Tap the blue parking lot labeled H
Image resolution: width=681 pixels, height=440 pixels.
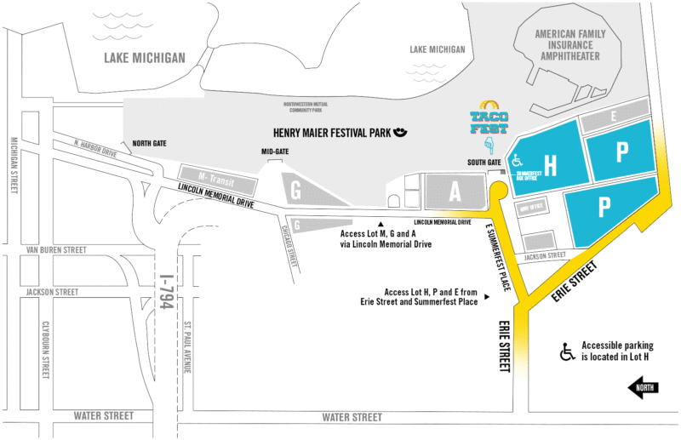549,166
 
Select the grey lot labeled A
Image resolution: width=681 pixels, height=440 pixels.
455,192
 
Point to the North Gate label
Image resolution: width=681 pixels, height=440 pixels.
150,143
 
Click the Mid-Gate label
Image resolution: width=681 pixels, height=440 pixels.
275,151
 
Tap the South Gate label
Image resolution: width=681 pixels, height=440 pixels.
481,162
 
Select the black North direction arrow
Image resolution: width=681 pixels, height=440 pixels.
647,389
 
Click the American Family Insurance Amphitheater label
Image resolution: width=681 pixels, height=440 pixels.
568,45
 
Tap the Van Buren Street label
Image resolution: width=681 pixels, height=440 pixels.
57,250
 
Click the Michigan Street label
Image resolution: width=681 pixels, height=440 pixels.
13,165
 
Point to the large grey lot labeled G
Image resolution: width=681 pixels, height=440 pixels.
296,189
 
